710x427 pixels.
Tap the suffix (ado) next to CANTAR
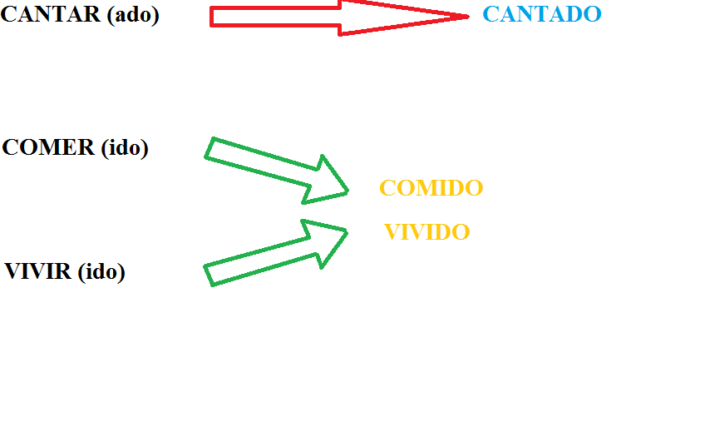point(132,15)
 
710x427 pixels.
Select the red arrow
point(333,17)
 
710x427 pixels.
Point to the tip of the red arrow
point(468,16)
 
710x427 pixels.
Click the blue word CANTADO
point(541,14)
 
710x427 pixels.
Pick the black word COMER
point(48,147)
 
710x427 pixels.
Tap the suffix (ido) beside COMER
point(124,148)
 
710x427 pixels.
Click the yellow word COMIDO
point(431,188)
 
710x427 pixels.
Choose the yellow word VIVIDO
point(427,232)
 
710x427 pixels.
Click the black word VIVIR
point(38,272)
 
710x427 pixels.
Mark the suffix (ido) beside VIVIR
point(101,272)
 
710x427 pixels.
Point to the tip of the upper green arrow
point(348,192)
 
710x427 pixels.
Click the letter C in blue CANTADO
point(490,14)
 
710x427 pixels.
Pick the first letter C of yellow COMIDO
point(387,188)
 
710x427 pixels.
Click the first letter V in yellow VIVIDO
point(392,232)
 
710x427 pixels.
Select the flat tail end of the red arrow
point(212,17)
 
